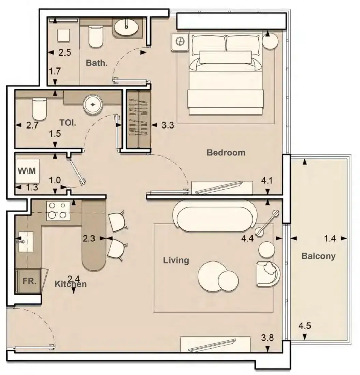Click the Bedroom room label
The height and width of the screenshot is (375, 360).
[x=226, y=153]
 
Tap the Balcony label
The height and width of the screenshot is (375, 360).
[x=318, y=256]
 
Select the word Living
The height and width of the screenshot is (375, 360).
[x=176, y=260]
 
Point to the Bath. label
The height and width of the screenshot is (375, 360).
[x=97, y=63]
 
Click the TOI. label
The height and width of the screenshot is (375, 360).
[x=68, y=123]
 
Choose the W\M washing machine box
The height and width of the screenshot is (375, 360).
[x=27, y=171]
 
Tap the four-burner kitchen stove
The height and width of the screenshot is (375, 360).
[x=58, y=211]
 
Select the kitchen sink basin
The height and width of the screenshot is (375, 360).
[x=26, y=242]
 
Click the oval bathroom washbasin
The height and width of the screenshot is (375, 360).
[x=126, y=28]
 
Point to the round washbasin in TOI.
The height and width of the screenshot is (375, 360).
[x=93, y=105]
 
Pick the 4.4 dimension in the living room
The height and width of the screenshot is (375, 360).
[x=247, y=238]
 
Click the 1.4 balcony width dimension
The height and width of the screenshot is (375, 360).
[x=330, y=238]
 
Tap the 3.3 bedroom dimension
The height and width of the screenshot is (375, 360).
[x=168, y=125]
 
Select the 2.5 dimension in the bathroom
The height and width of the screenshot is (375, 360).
[x=64, y=52]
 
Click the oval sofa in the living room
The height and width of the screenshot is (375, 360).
[x=215, y=216]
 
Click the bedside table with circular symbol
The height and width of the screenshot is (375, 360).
[x=180, y=42]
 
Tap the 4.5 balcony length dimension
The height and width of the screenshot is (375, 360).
[x=305, y=326]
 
